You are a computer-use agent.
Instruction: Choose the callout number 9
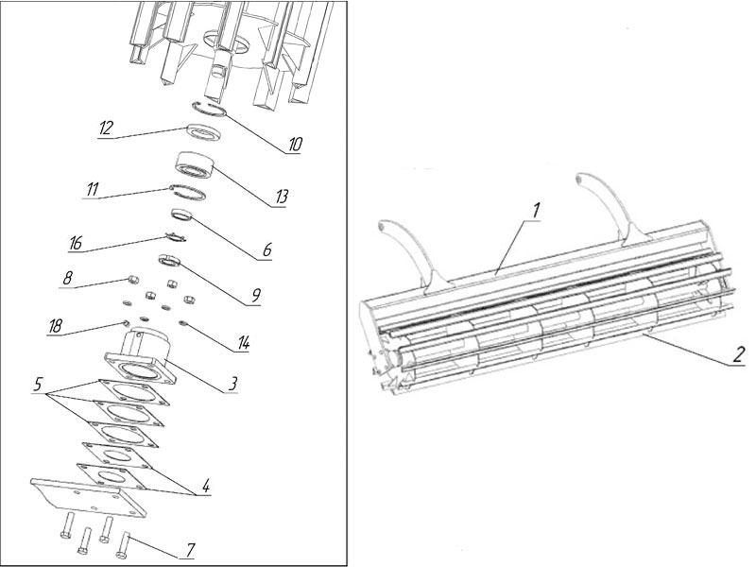point(254,297)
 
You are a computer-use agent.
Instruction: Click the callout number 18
point(57,326)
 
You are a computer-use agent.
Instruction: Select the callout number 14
point(243,342)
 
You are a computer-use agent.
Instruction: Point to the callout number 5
point(37,385)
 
